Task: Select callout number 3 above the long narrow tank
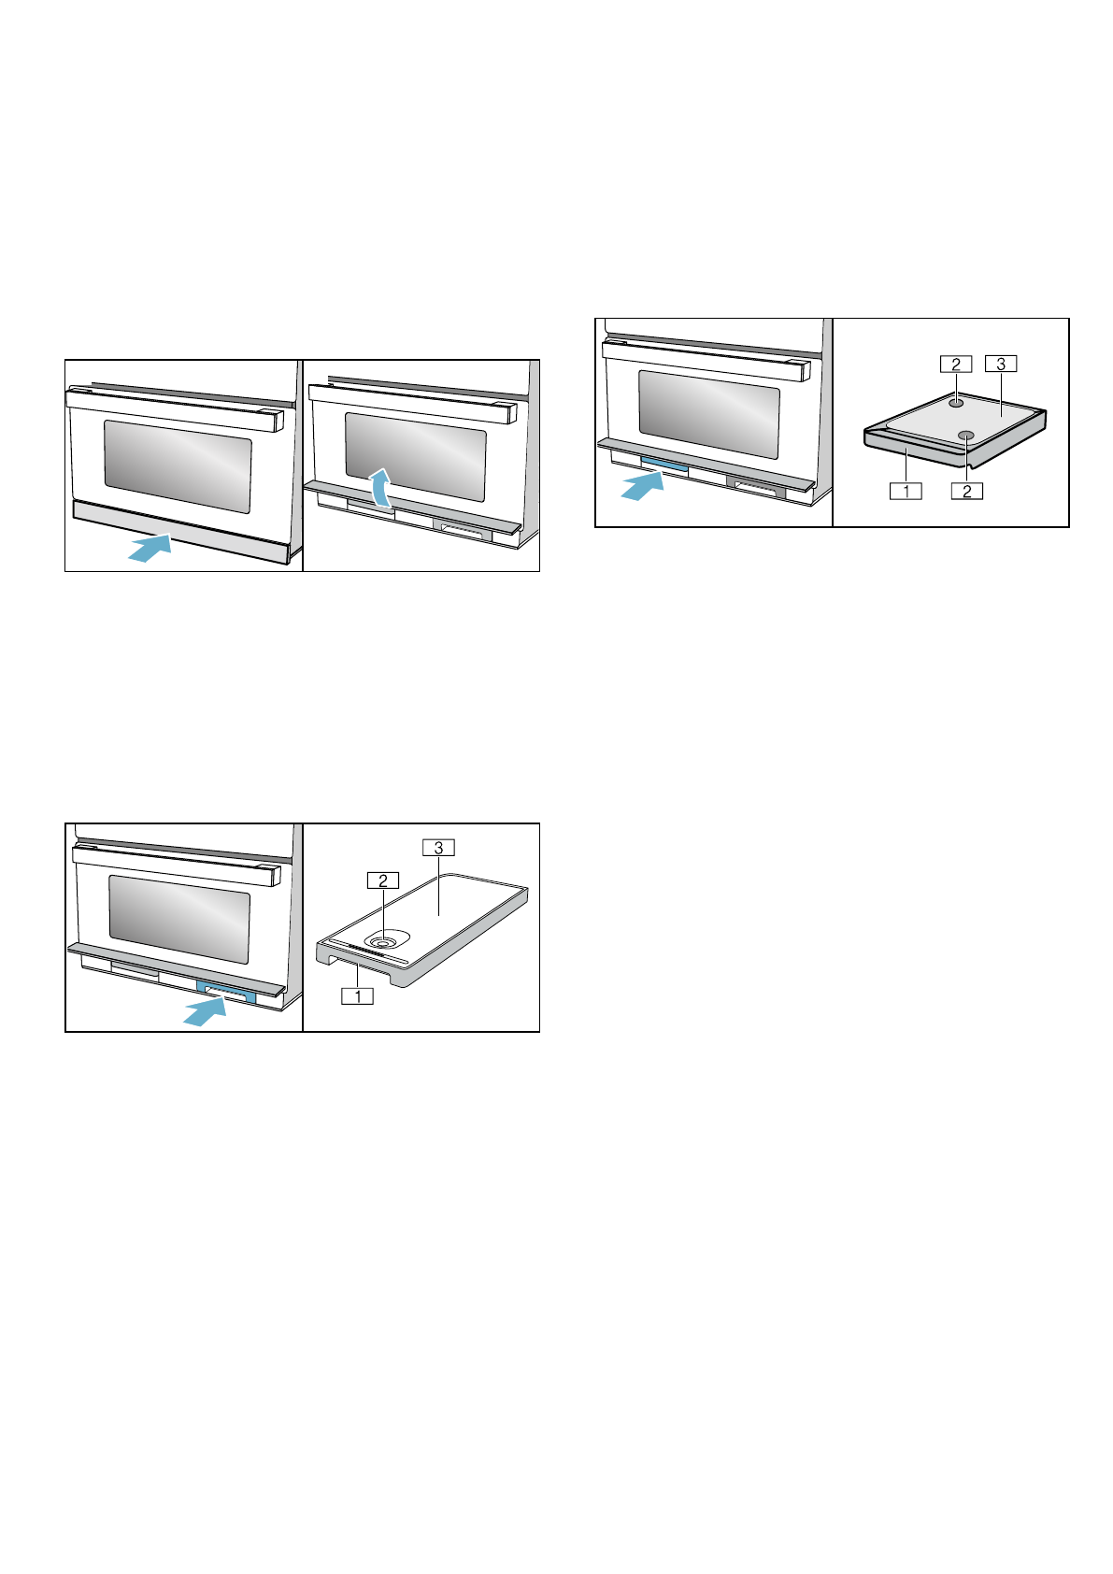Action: coord(438,848)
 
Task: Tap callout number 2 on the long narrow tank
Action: coord(383,880)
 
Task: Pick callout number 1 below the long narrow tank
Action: coord(358,995)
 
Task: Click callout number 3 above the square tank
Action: coord(1001,364)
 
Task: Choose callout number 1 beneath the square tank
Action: coord(906,490)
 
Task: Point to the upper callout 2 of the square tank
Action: coord(956,364)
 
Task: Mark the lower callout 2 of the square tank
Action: coord(967,490)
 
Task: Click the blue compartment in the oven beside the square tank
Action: coord(665,465)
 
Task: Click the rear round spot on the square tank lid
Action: coord(956,402)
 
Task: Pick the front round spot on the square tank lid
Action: coord(966,435)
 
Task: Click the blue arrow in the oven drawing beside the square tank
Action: coord(643,485)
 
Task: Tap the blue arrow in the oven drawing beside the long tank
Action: coord(206,1010)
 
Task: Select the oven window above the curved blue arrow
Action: coord(416,455)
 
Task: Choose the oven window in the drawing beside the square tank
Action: coord(709,412)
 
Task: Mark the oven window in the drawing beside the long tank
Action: coord(179,919)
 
